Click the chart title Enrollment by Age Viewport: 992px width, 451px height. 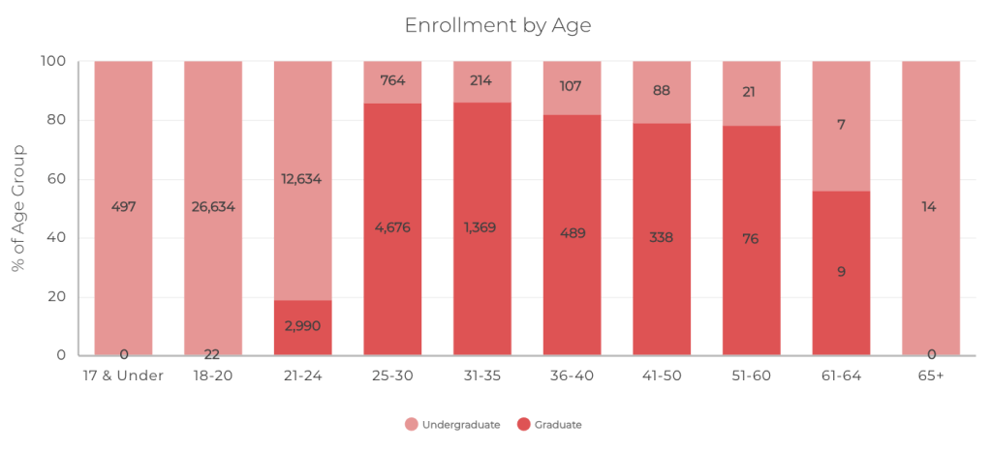coord(497,25)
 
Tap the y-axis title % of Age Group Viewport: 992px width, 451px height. coord(19,208)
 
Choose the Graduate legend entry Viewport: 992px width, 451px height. coord(550,424)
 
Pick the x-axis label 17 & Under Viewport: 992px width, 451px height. coord(123,376)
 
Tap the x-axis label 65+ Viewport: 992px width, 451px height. coord(930,376)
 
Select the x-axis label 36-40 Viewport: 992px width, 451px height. coord(572,376)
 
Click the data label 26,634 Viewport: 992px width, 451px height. coord(213,206)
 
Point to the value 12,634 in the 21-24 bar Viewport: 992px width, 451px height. coord(302,178)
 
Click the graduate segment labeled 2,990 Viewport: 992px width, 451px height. coord(302,326)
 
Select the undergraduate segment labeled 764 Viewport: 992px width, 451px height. coord(392,80)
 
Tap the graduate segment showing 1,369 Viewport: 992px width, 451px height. coord(482,228)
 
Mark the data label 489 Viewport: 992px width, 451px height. coord(572,233)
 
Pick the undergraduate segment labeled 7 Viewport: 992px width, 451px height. coord(841,125)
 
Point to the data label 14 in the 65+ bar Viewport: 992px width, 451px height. coord(931,206)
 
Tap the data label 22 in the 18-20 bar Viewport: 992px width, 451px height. coord(213,354)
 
